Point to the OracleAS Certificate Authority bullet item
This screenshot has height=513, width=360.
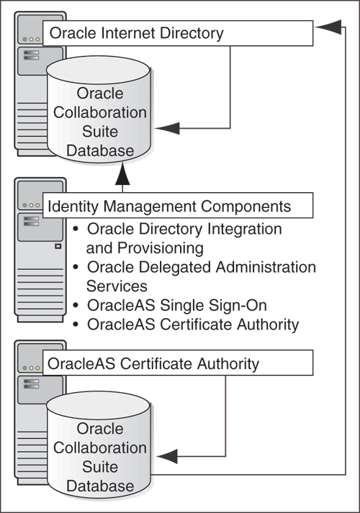tap(192, 324)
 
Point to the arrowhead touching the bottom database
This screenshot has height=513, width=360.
tap(166, 456)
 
